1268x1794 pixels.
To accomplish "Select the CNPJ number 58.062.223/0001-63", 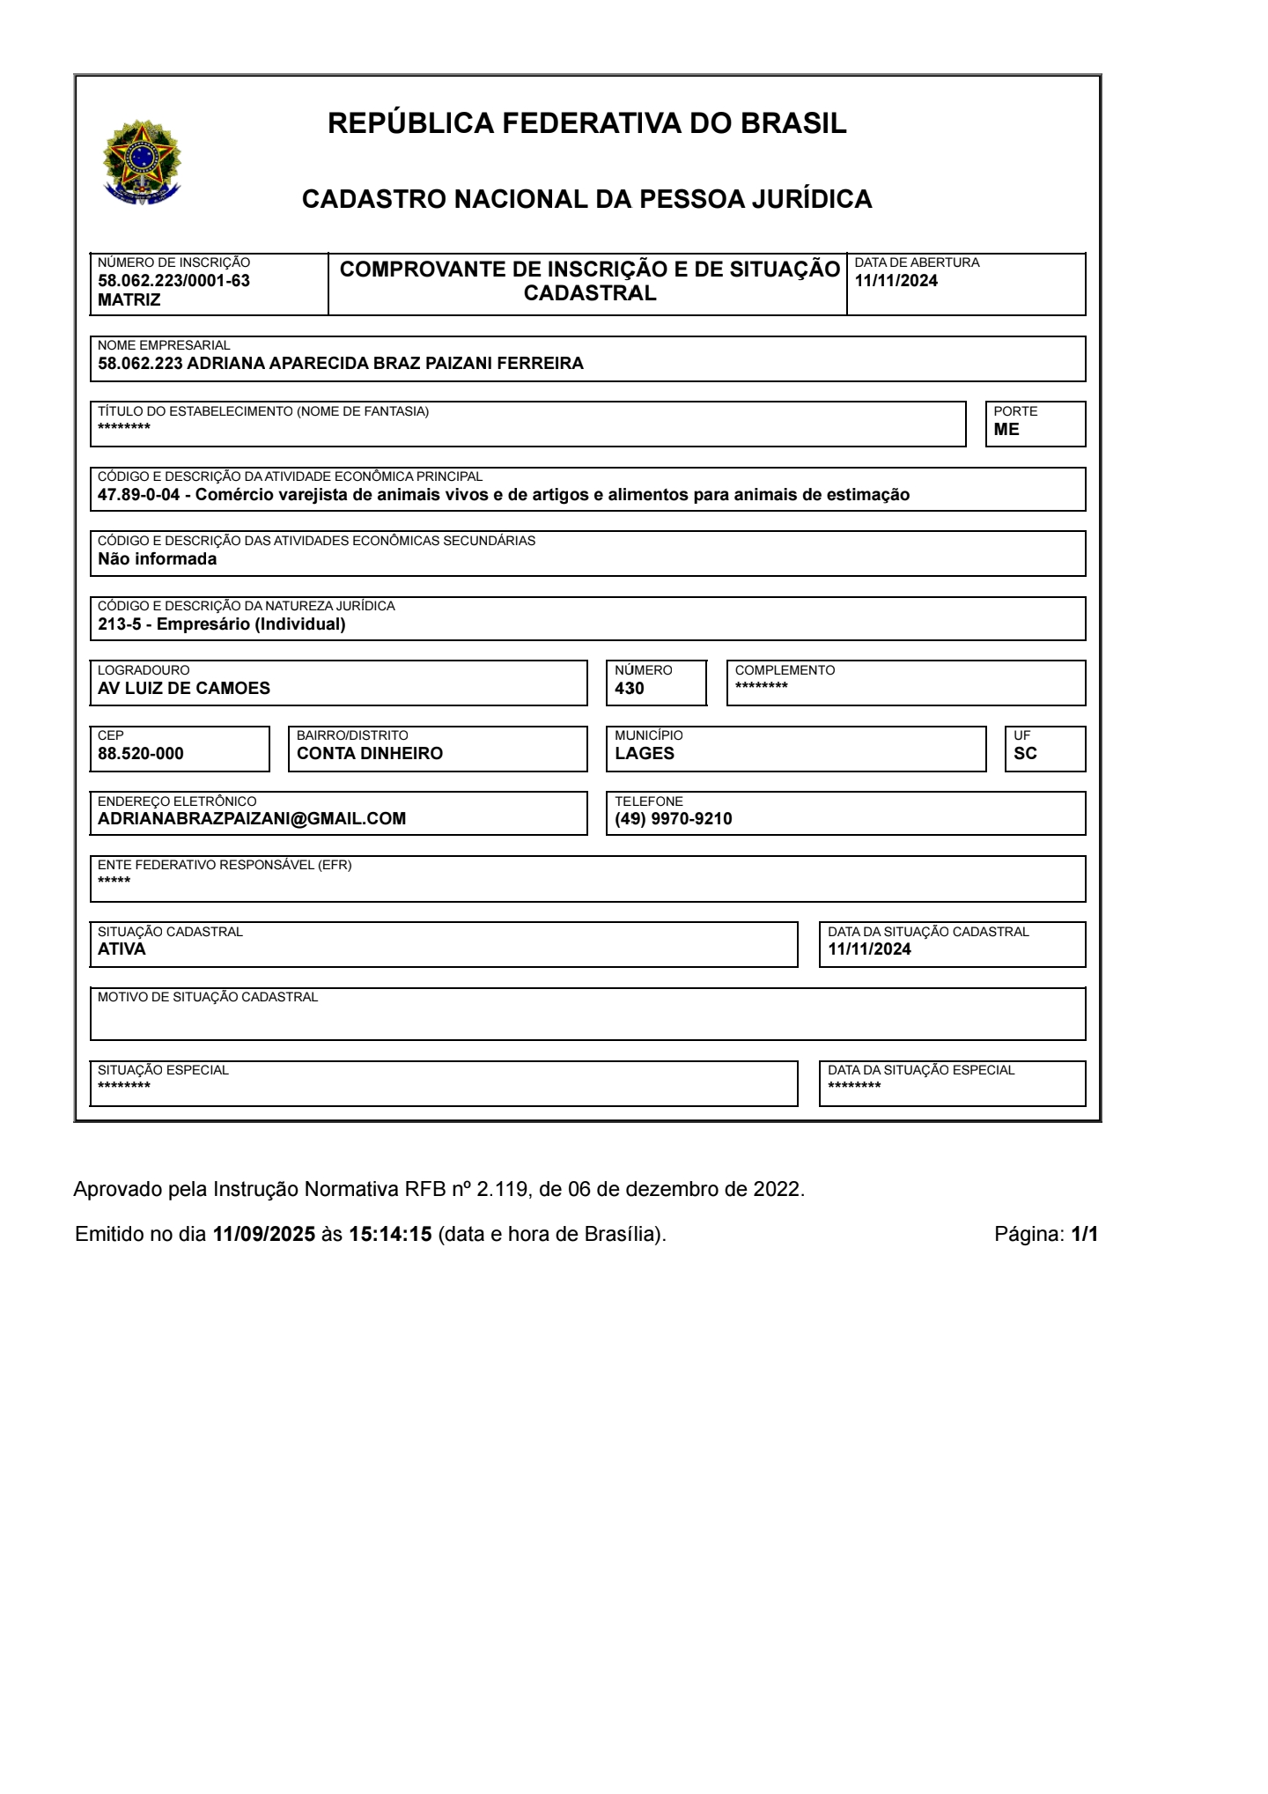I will pos(173,281).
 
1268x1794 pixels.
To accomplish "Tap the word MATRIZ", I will pos(129,300).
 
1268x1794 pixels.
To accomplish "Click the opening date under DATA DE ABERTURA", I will pos(896,281).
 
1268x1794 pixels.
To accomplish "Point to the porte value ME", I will pos(1006,430).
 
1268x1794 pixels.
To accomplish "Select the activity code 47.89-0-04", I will pos(138,495).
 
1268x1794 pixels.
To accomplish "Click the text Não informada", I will pos(157,559).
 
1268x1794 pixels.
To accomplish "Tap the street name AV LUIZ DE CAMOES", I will pos(184,689).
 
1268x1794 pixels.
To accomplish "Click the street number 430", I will pos(630,689).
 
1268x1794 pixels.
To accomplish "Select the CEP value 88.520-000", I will pos(141,754).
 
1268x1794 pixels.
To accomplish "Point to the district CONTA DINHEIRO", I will pos(370,754).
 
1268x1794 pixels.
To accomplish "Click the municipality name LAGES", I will pos(645,754).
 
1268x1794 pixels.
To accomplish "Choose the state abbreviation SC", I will pos(1025,754).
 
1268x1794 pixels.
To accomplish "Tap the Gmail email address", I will pos(252,819).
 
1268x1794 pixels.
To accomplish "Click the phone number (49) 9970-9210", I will pos(674,819).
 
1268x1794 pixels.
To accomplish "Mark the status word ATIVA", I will pos(122,949).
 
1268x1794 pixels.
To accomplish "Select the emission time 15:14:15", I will pos(390,1234).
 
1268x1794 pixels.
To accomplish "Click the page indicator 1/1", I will pos(1085,1234).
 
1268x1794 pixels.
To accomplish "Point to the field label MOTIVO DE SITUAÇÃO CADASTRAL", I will pos(208,997).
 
